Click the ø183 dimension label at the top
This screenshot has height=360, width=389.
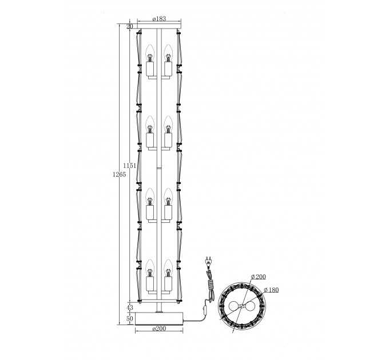click(x=159, y=19)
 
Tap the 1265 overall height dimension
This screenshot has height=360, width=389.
click(x=120, y=174)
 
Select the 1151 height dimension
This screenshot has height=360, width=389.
click(x=130, y=166)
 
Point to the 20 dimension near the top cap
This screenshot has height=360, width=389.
click(x=130, y=26)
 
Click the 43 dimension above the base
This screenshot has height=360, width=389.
click(x=130, y=308)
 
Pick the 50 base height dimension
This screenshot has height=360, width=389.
click(x=130, y=319)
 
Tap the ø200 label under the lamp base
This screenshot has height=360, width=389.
click(x=159, y=329)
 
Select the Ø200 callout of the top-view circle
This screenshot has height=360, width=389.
click(x=258, y=277)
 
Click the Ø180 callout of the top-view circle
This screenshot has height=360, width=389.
click(x=271, y=290)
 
